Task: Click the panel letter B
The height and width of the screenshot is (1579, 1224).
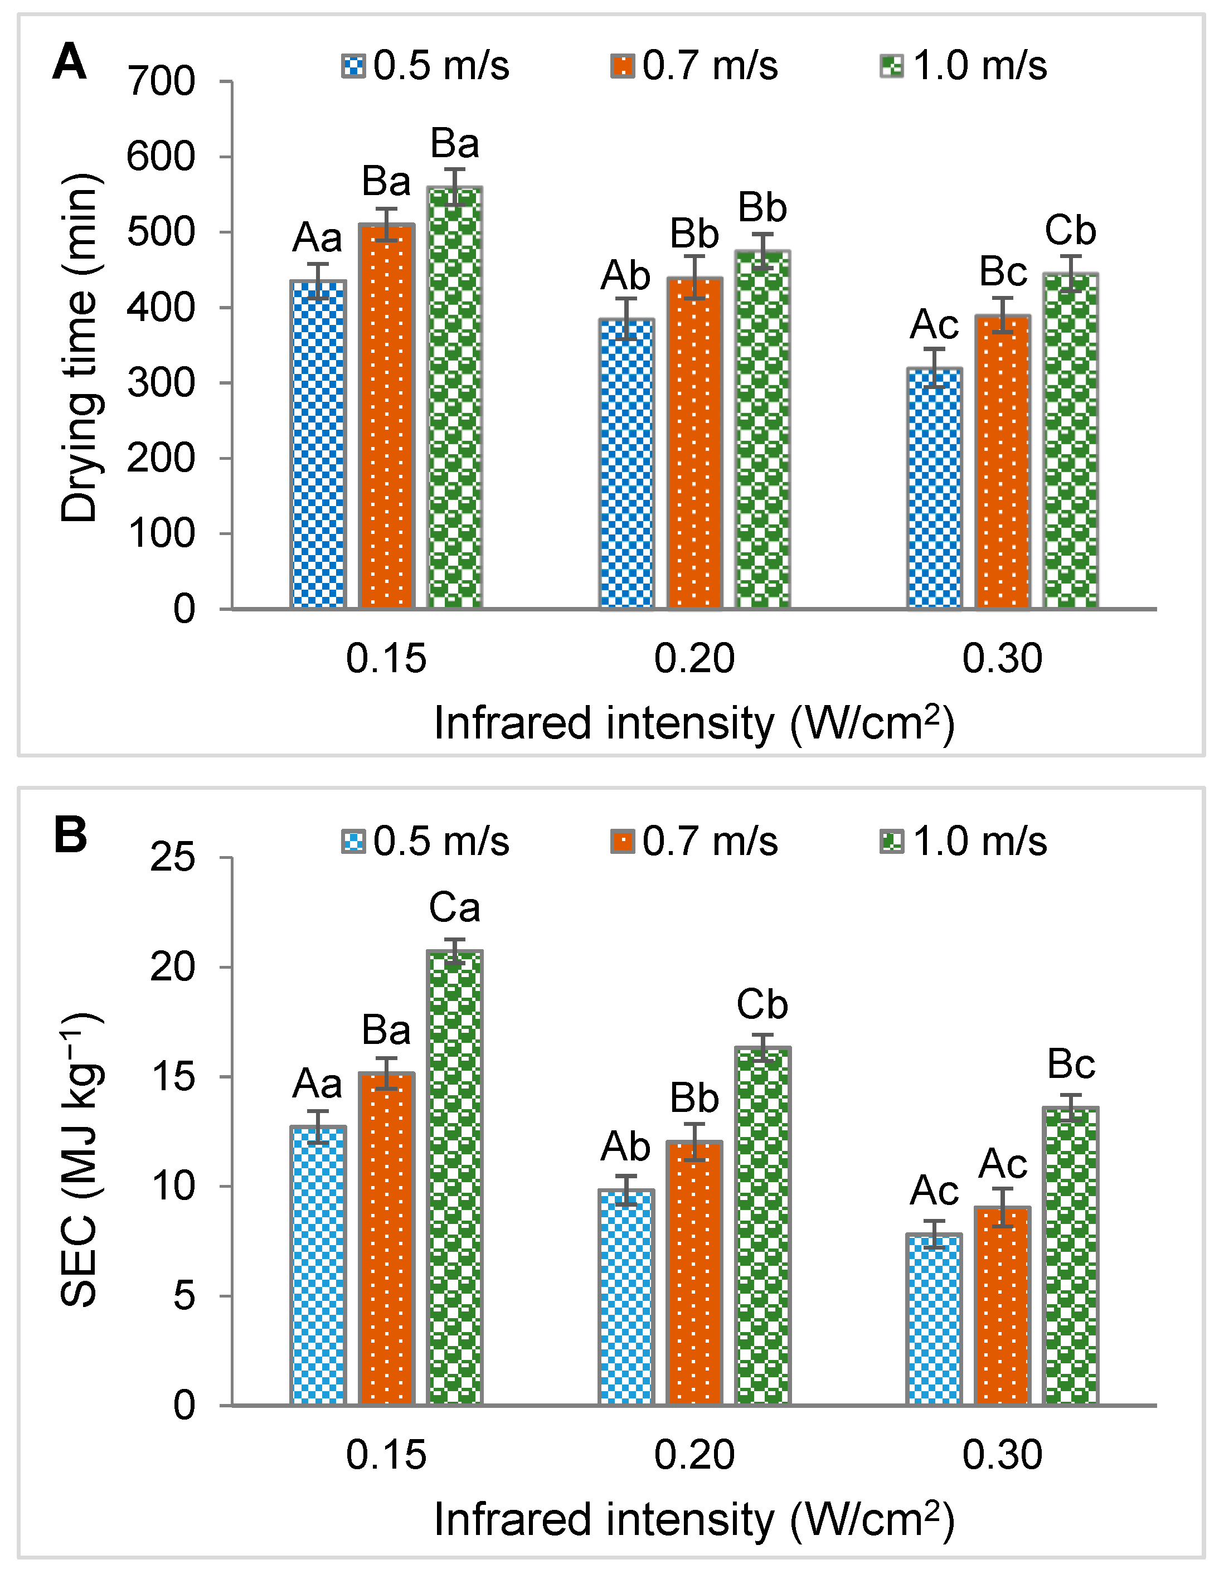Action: click(x=70, y=836)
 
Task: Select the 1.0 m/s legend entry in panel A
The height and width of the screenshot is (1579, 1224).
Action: click(x=964, y=66)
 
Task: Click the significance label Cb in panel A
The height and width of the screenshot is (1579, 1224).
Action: click(x=1070, y=231)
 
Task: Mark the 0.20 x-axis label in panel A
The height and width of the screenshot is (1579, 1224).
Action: click(x=694, y=659)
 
